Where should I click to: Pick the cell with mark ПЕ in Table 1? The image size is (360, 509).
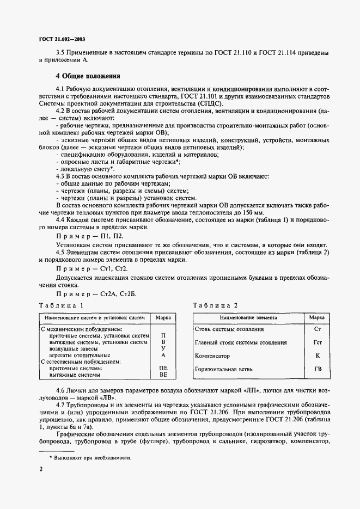click(163, 368)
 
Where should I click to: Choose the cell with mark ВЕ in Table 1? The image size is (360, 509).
click(163, 375)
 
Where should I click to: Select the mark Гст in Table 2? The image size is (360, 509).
click(318, 342)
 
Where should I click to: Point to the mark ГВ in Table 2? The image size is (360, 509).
click(318, 369)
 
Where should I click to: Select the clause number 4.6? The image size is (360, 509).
click(62, 392)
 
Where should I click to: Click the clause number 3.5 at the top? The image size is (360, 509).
click(62, 53)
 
